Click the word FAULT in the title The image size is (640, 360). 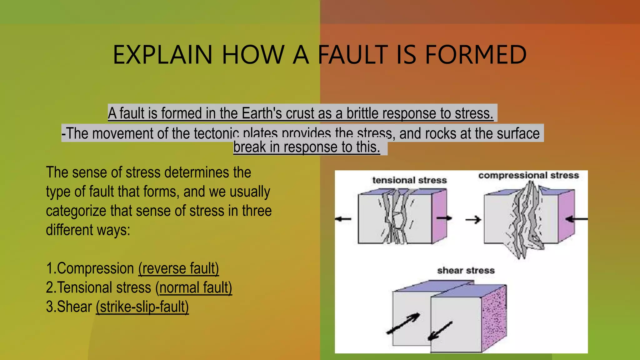[352, 55]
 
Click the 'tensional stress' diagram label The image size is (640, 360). [409, 180]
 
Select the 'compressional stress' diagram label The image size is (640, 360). [528, 175]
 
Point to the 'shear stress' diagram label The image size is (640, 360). [466, 270]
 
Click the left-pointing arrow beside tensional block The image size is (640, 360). [343, 219]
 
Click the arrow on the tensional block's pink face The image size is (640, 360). [444, 218]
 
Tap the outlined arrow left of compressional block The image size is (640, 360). [473, 220]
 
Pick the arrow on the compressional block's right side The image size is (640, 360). [577, 219]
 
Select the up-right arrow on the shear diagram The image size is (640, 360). [403, 323]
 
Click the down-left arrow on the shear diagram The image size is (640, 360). [440, 331]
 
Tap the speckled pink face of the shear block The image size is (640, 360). [494, 317]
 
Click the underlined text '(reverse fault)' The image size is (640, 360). [178, 268]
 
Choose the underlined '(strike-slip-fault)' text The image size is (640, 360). [142, 307]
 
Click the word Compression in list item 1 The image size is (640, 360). [95, 268]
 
